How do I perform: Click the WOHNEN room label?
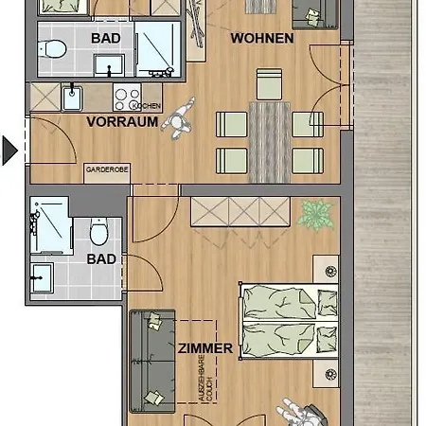(x=262, y=39)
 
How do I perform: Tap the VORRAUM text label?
(x=121, y=122)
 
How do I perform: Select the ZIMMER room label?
(x=204, y=348)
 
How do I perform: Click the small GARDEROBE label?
(x=105, y=169)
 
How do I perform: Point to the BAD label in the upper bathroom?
(x=105, y=39)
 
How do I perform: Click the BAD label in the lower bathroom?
(x=101, y=258)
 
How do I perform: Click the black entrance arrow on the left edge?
(x=9, y=150)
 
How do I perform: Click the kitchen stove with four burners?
(x=126, y=95)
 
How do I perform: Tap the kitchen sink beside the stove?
(x=73, y=96)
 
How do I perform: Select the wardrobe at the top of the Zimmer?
(x=240, y=212)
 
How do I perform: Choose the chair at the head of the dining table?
(x=269, y=81)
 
